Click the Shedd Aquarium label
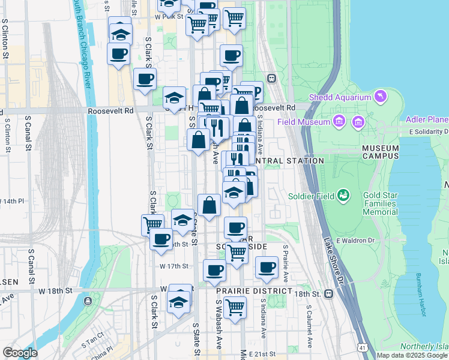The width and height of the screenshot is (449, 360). coord(339,98)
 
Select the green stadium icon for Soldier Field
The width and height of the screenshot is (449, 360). coord(343,195)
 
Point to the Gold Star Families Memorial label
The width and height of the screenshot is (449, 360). coord(380,204)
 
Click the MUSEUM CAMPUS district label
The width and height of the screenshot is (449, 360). coord(381,152)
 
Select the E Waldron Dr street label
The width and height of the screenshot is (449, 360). coord(355,241)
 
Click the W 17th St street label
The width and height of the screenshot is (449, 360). coord(174,266)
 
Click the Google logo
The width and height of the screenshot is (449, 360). coord(20,353)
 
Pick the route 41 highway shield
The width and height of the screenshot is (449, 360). coord(362,347)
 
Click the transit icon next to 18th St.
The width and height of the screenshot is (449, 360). coord(328,294)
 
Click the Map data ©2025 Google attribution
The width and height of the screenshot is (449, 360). coord(412,355)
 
